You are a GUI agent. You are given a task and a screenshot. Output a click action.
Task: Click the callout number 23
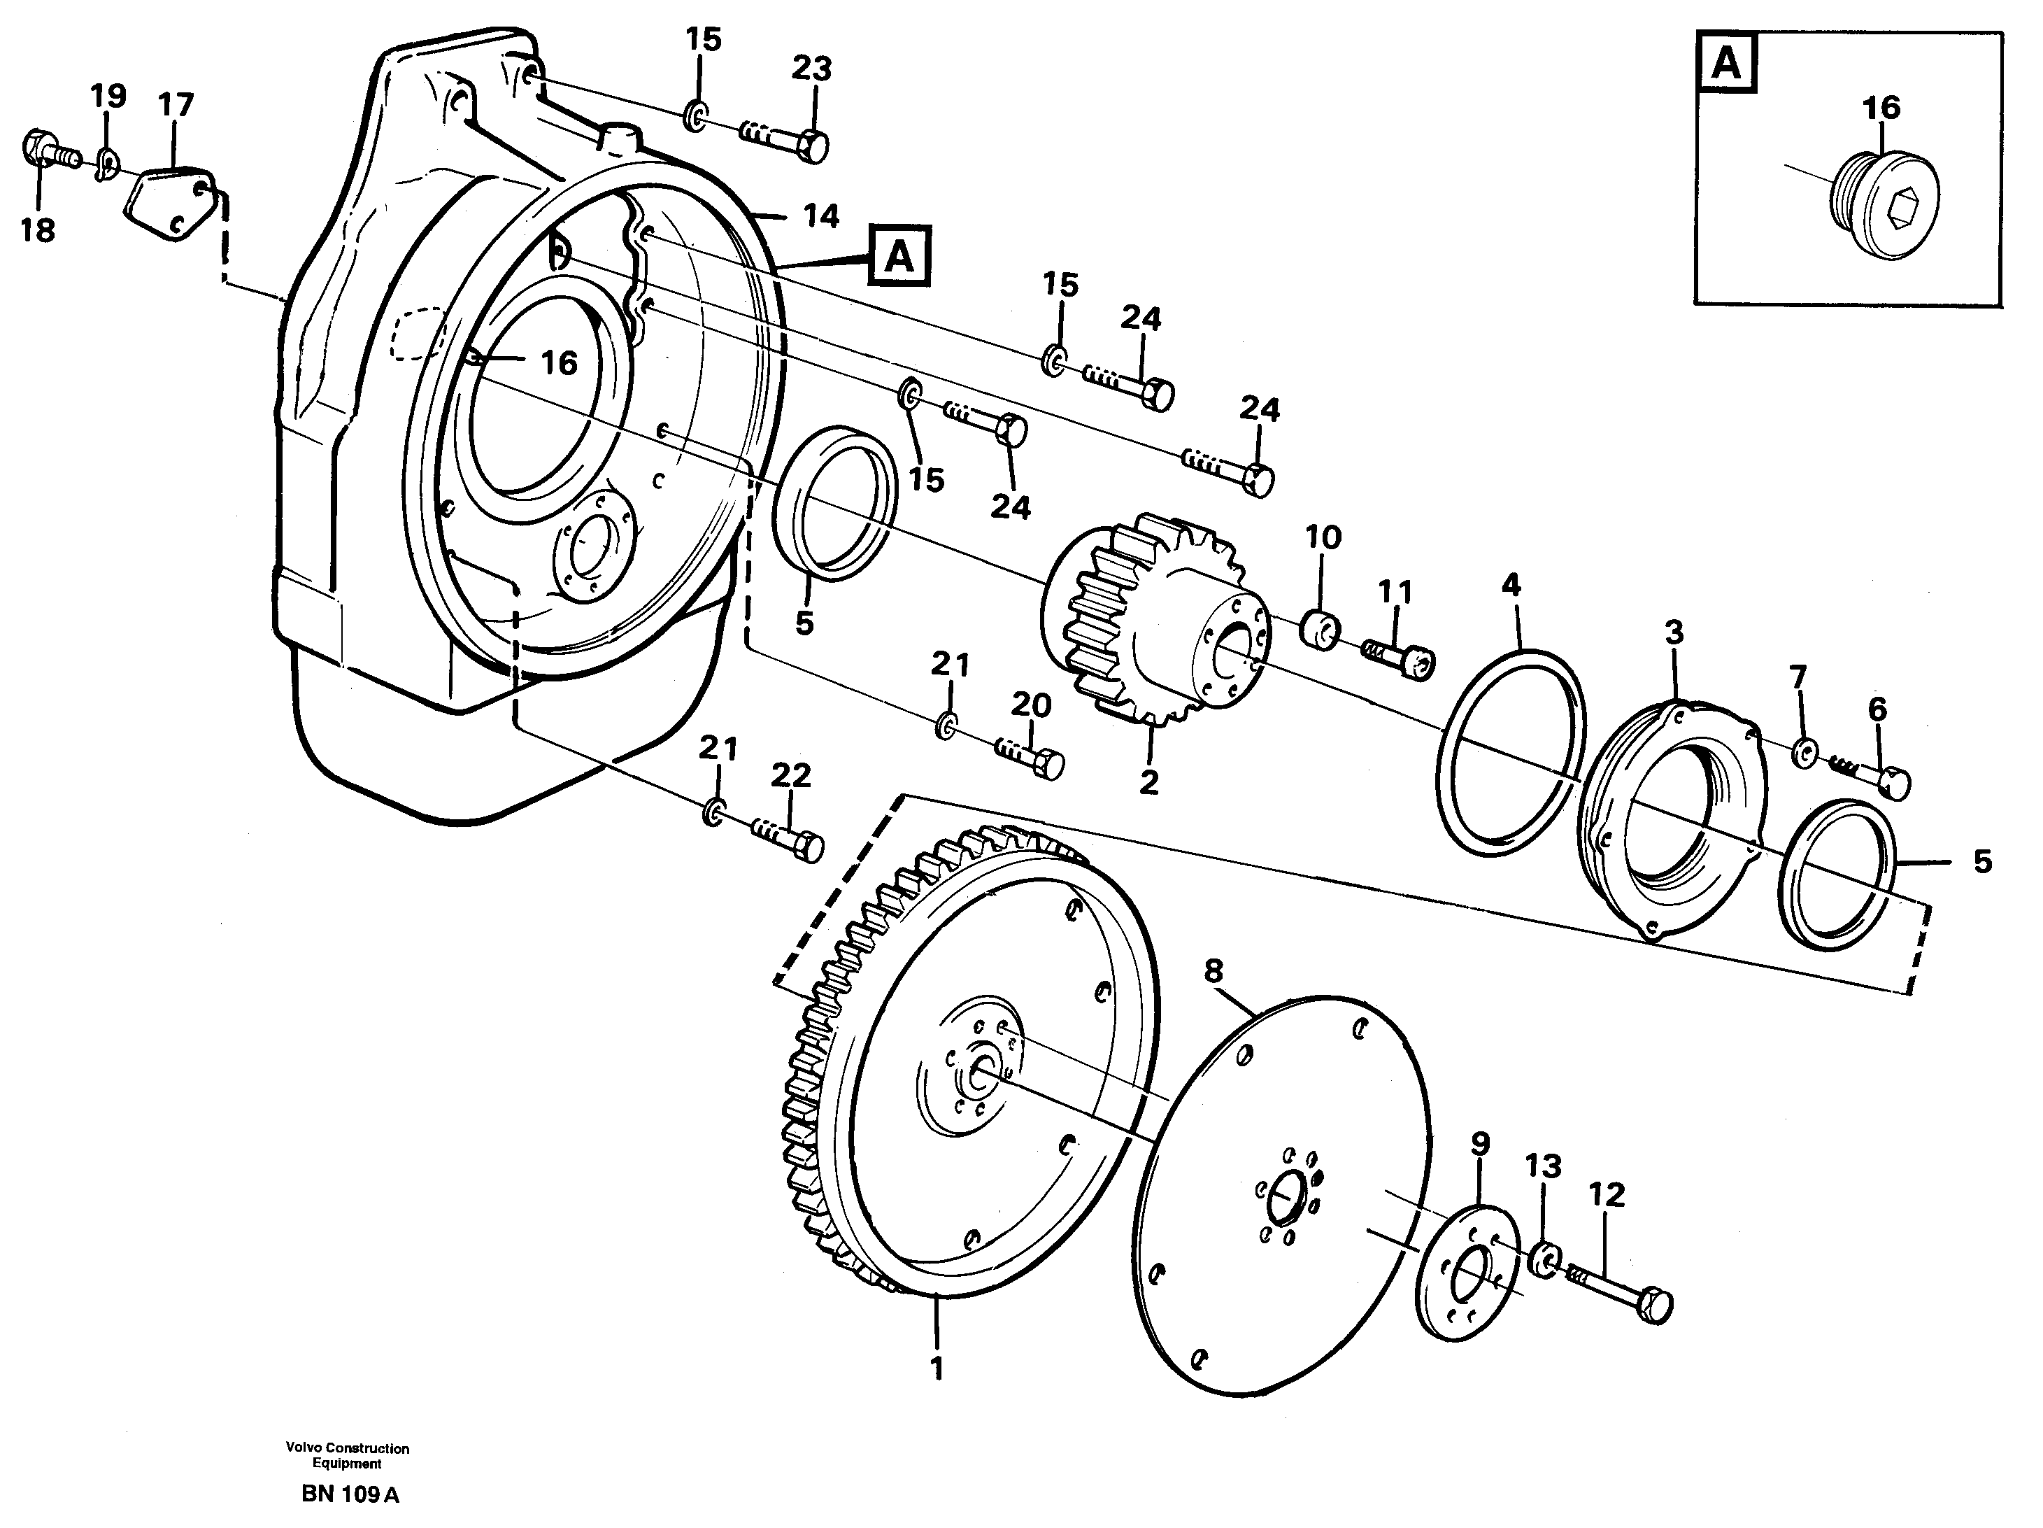pyautogui.click(x=812, y=69)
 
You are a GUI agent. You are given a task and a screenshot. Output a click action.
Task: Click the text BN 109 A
pyautogui.click(x=350, y=1494)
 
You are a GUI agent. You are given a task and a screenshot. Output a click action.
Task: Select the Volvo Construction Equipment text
pyautogui.click(x=348, y=1455)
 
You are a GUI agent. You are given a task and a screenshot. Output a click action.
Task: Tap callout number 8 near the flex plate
pyautogui.click(x=1213, y=971)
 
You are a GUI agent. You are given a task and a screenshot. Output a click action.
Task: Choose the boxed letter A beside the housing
pyautogui.click(x=899, y=257)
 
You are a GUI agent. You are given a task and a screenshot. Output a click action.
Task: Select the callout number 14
pyautogui.click(x=820, y=217)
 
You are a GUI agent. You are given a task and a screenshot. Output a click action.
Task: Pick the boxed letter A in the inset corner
pyautogui.click(x=1726, y=64)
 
